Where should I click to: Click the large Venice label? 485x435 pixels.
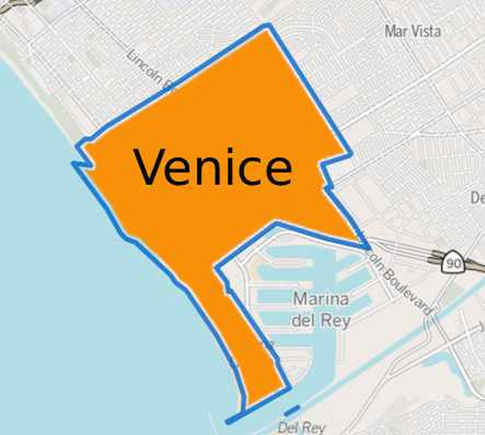click(213, 167)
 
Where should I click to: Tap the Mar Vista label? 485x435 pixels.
click(413, 31)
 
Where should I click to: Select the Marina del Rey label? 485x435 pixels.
click(321, 309)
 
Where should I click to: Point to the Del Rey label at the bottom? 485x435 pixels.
click(301, 427)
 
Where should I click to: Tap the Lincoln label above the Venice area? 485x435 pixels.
click(150, 68)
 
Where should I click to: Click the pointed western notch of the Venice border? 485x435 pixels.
click(74, 164)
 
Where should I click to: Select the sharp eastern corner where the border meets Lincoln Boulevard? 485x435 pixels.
click(367, 245)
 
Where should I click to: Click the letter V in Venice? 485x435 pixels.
click(150, 167)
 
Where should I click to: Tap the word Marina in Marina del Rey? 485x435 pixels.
click(321, 299)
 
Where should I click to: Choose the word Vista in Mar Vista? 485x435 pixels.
click(426, 31)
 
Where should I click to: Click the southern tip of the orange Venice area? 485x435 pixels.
click(247, 401)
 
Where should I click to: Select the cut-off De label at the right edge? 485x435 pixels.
click(477, 198)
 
